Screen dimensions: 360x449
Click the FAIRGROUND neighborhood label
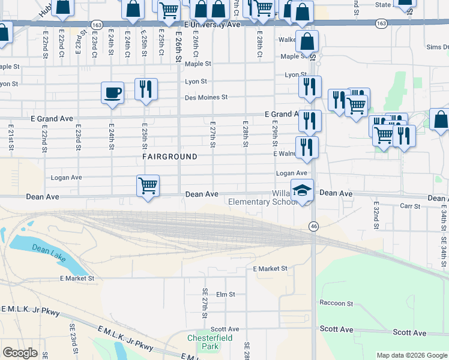point(170,157)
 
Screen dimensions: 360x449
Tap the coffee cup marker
point(112,93)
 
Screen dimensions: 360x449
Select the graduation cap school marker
point(303,190)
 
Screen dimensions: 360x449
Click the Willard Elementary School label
point(264,198)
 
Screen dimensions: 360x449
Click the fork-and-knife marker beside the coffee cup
point(146,89)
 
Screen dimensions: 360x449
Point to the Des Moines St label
point(206,97)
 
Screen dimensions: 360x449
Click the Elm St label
point(225,295)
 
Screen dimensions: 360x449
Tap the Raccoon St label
point(336,304)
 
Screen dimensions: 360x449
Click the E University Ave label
point(212,25)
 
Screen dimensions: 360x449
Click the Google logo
point(20,353)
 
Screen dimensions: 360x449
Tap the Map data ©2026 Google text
point(412,355)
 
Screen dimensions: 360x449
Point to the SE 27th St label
point(205,303)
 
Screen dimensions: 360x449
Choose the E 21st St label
point(11,138)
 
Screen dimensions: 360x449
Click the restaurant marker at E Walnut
point(307,148)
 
